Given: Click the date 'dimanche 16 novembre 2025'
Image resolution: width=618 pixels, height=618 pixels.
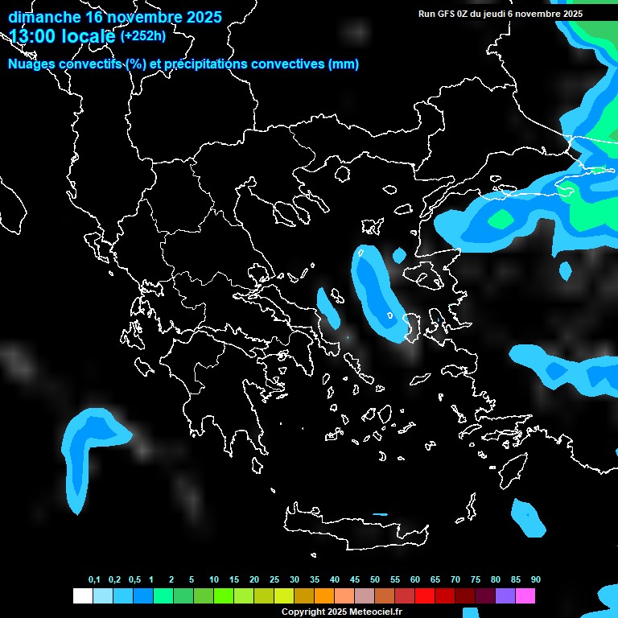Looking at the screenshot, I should coord(115,17).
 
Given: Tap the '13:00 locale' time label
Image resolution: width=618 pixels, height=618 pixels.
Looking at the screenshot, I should coord(62,36).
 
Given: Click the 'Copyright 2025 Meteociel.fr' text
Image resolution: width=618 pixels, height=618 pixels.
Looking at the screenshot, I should coord(342,612).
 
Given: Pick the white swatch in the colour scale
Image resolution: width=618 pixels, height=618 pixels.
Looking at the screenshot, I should coord(82,596).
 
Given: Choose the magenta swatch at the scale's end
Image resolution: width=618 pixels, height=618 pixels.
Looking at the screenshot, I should coord(525,596).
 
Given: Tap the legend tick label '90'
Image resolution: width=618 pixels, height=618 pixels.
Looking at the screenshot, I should coord(535,580).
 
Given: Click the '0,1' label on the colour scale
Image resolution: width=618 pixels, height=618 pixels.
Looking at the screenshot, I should coord(94,580).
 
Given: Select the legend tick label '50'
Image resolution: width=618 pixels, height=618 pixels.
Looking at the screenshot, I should coord(375,580).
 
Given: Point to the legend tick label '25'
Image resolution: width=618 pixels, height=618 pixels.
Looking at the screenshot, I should coord(274,580).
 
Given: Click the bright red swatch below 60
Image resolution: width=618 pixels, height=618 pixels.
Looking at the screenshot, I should coord(425,596).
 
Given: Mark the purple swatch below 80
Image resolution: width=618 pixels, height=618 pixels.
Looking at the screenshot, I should coord(505,596).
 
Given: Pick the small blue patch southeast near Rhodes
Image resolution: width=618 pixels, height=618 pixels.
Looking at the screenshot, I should coord(528,517).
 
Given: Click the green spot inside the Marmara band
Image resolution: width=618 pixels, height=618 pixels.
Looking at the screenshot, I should coord(501,218).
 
